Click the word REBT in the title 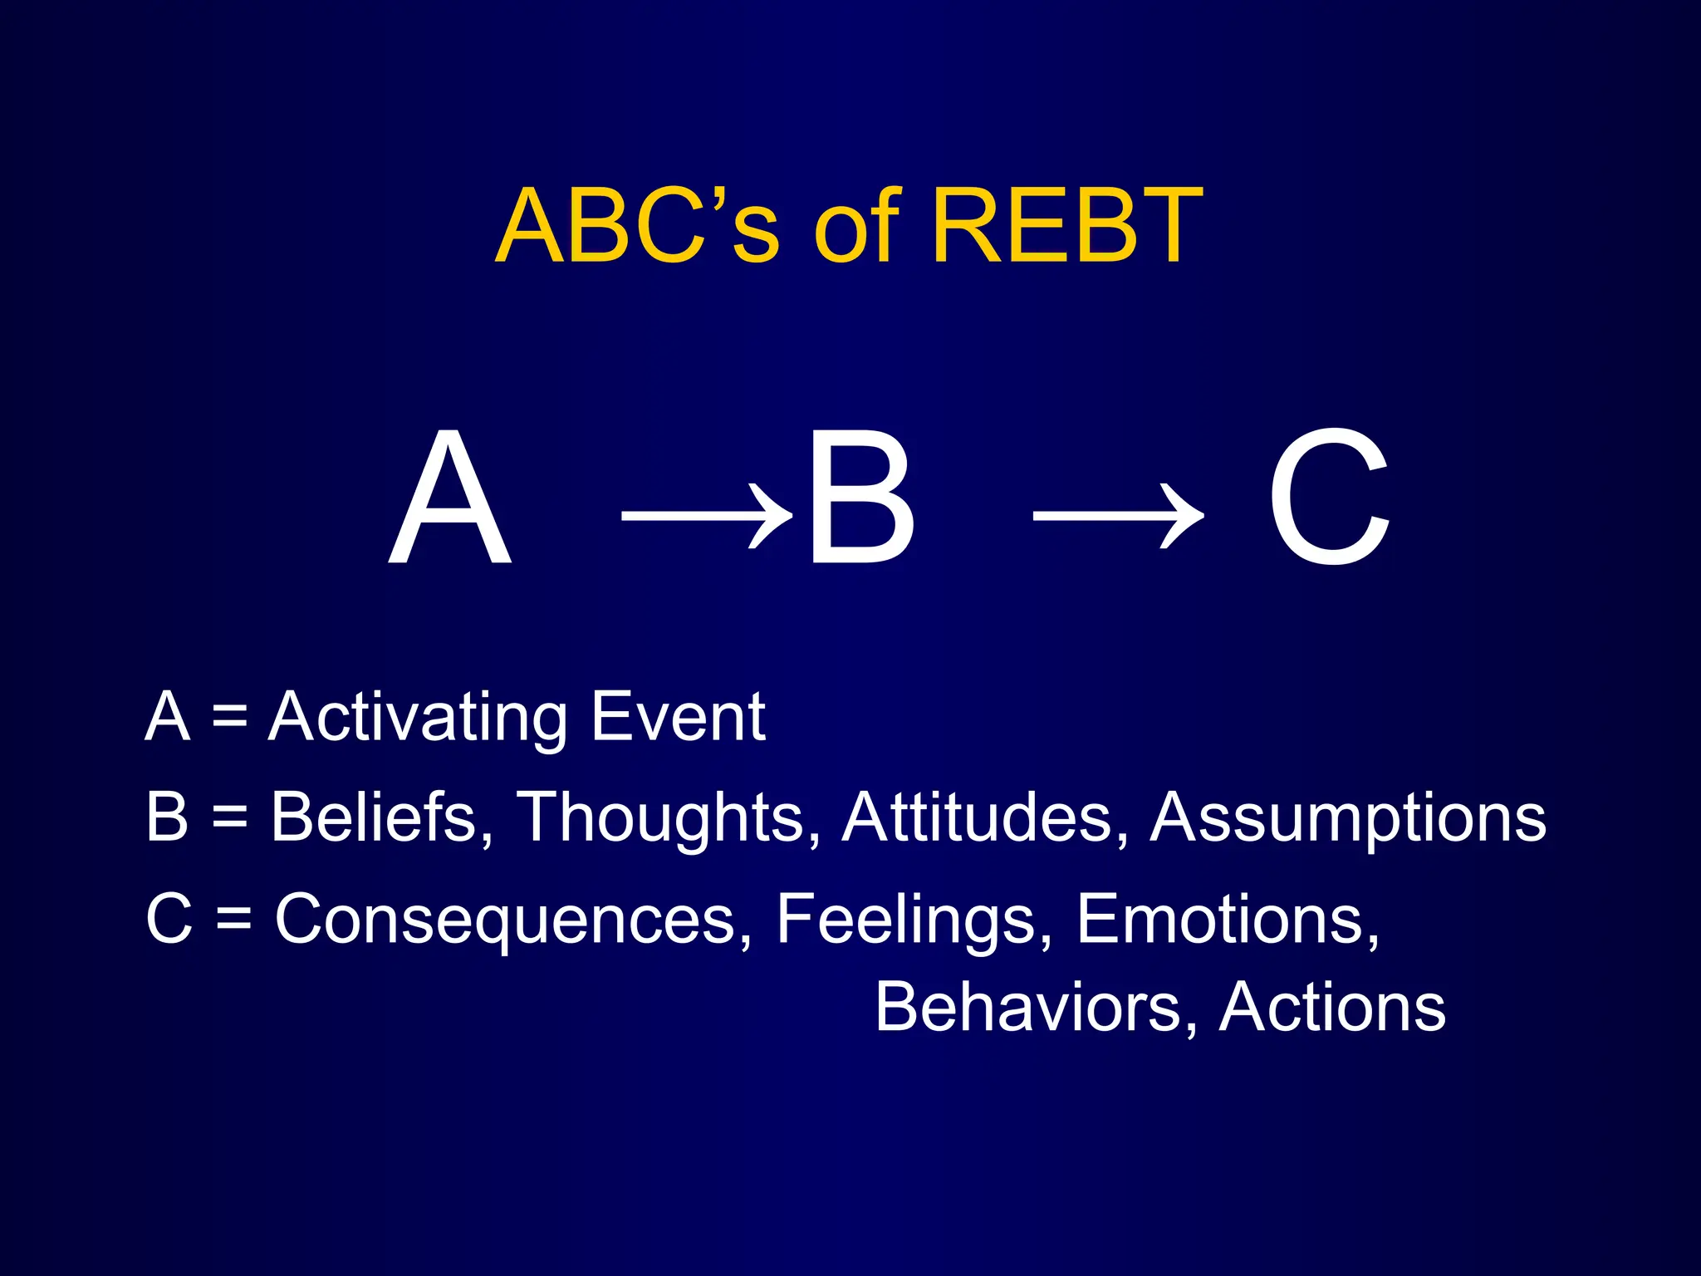(x=1066, y=226)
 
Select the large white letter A (x=449, y=498)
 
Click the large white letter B (x=861, y=498)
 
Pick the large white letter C (x=1328, y=498)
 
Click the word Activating (x=418, y=718)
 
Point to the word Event (x=677, y=718)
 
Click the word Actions (x=1332, y=1008)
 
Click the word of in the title (x=856, y=226)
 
